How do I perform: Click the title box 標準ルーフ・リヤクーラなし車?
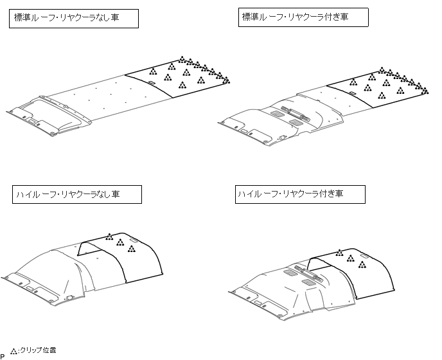(76, 19)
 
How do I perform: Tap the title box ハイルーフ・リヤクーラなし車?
(76, 194)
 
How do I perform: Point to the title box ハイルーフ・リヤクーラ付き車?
(301, 194)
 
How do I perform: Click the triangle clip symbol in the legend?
(13, 351)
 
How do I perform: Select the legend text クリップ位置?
(38, 350)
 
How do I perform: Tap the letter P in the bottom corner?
(3, 355)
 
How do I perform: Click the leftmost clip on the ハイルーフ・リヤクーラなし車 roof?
(109, 237)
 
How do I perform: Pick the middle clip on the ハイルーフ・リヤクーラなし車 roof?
(120, 242)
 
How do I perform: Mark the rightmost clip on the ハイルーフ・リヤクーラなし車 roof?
(131, 249)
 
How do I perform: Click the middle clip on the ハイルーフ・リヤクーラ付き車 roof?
(351, 258)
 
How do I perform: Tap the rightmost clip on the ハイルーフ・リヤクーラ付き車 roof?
(362, 264)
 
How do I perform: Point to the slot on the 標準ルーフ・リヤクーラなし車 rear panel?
(152, 83)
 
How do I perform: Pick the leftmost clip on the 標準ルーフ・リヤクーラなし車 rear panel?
(153, 71)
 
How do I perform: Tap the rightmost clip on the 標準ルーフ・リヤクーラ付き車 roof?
(425, 91)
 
